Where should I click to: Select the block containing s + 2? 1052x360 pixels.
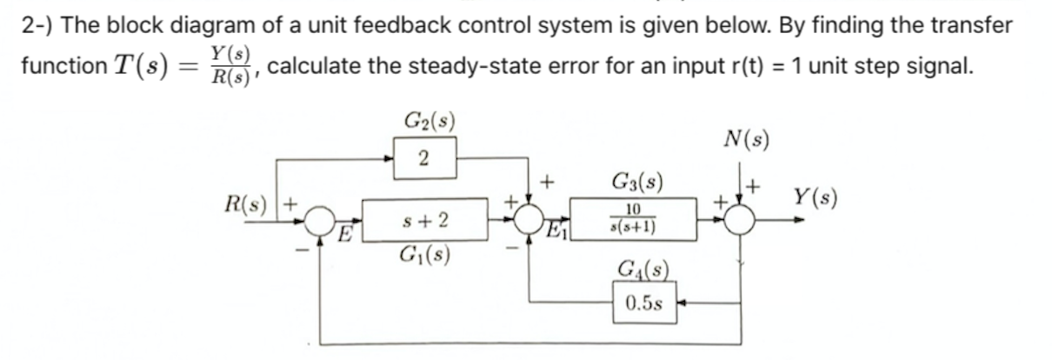point(425,221)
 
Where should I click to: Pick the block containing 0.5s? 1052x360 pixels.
point(643,304)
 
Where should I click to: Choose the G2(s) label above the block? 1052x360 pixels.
point(423,119)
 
